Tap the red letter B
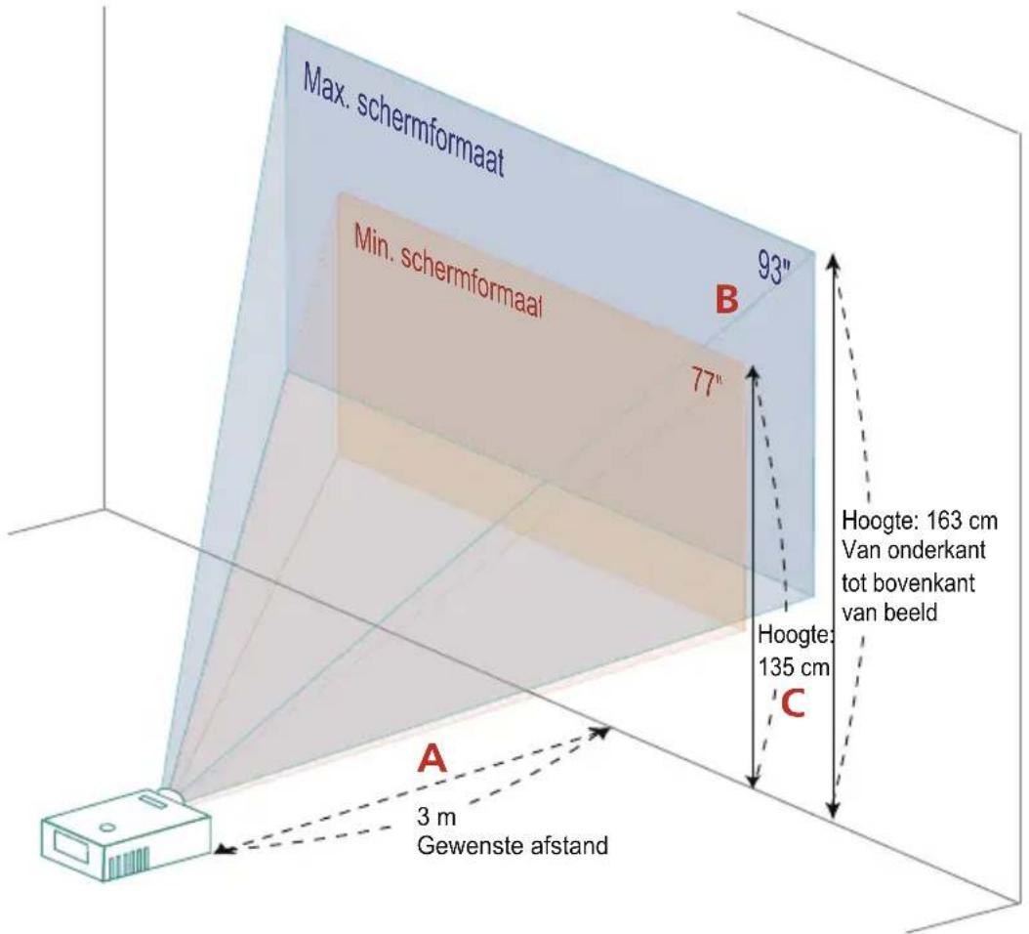tap(726, 299)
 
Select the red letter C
tap(792, 703)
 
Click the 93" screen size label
tap(774, 268)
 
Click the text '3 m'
tap(435, 817)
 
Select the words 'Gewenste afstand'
tap(512, 845)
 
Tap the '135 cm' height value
tap(794, 668)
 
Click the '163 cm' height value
tap(962, 521)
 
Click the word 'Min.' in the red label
tap(374, 243)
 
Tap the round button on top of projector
tap(107, 827)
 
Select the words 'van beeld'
tap(889, 613)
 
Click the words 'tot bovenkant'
tap(908, 582)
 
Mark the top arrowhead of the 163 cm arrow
tap(834, 262)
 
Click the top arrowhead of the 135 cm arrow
tap(754, 373)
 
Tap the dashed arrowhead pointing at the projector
tap(226, 851)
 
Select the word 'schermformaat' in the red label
tap(472, 283)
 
